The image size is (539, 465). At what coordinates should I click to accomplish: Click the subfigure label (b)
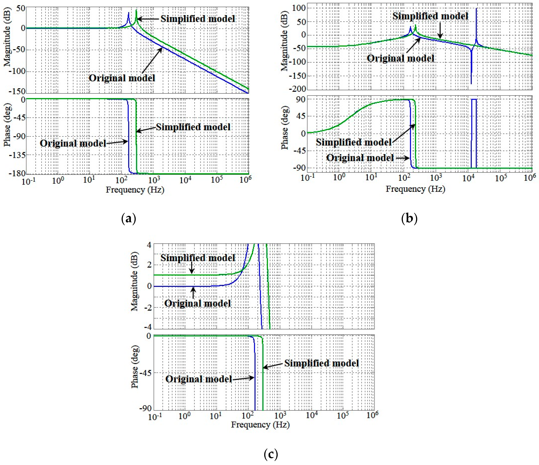(409, 218)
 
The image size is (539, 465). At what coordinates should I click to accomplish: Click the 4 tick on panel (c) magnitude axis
(149, 245)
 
